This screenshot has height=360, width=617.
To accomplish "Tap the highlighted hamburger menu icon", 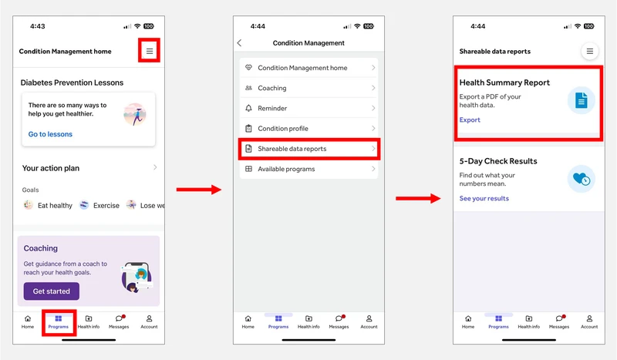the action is click(x=150, y=51).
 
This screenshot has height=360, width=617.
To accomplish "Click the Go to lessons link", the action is click(x=50, y=134).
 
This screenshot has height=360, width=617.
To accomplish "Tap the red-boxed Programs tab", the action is click(x=59, y=321).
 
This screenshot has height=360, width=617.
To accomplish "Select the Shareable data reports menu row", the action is click(x=309, y=149).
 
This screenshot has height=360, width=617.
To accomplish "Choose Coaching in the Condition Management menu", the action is click(x=309, y=88).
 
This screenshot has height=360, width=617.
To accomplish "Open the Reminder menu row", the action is click(x=309, y=108).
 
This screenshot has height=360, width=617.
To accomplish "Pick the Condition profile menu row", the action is click(x=309, y=128).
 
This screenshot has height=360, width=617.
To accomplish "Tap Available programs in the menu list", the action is click(x=309, y=169).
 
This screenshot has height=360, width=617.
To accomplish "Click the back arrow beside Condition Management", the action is click(x=239, y=43).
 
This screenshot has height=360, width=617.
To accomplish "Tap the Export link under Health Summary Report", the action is click(x=470, y=120).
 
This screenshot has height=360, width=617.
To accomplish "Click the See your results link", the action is click(x=484, y=199).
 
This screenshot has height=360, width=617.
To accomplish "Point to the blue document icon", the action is click(x=582, y=100).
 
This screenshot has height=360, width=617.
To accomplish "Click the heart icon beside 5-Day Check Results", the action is click(x=582, y=179).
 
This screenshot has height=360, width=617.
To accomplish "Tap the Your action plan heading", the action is click(x=51, y=168).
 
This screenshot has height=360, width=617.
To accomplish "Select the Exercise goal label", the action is click(x=106, y=205).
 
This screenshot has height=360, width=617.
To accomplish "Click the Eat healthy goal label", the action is click(x=55, y=205).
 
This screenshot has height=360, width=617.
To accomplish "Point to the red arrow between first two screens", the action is click(x=199, y=190).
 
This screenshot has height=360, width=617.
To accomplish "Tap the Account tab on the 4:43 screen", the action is click(x=149, y=321).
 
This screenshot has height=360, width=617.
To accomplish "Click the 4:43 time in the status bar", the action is click(x=38, y=26).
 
